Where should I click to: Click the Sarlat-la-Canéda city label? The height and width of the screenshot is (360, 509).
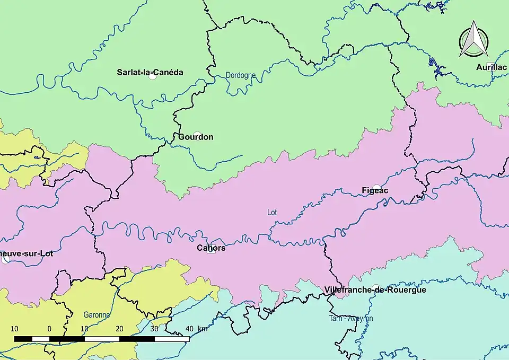tap(150, 72)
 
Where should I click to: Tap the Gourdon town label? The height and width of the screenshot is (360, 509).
tap(196, 137)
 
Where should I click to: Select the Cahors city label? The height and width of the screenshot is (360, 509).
tap(211, 248)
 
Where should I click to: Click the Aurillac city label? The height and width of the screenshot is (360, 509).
tap(491, 67)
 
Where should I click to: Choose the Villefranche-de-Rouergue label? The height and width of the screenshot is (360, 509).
tap(375, 289)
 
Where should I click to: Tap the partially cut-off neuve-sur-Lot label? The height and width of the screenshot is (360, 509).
tap(27, 253)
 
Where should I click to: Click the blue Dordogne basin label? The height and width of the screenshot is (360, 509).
tap(241, 75)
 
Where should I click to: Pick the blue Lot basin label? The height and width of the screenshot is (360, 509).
tap(272, 213)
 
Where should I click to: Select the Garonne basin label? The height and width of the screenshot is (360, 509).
tap(96, 314)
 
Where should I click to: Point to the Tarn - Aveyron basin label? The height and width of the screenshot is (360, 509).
tap(351, 318)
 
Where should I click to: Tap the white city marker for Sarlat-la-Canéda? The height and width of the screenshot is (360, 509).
tap(153, 77)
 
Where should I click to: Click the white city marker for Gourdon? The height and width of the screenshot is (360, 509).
tap(197, 135)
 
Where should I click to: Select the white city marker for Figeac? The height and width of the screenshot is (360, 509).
tap(376, 187)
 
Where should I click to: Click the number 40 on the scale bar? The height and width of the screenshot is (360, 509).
tap(189, 328)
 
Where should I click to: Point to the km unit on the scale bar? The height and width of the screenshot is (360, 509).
tap(203, 328)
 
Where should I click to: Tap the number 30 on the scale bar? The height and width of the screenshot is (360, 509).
tap(154, 328)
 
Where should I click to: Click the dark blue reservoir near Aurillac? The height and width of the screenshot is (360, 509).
tap(437, 69)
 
